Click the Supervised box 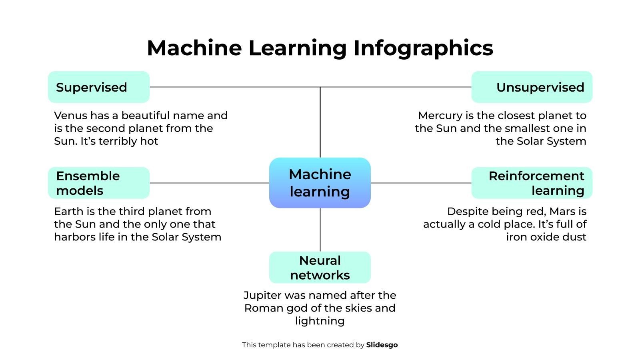point(98,87)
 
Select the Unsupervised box point(532,87)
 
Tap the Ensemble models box point(98,183)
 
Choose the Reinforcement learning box point(532,183)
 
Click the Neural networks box point(320,267)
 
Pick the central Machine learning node point(320,183)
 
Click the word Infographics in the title point(423,48)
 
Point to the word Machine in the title point(194,48)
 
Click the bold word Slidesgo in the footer point(382,345)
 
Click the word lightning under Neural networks point(320,321)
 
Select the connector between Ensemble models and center point(209,183)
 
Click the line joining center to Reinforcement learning point(421,183)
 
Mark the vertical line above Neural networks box point(320,230)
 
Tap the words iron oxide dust point(546,237)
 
